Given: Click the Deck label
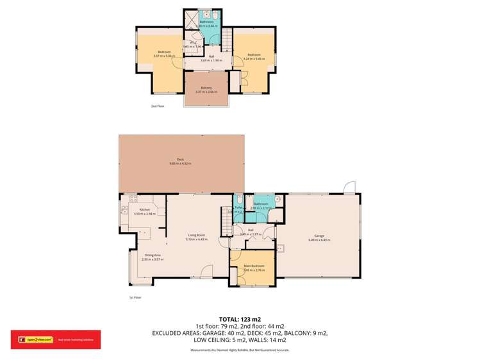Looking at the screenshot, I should (x=181, y=161).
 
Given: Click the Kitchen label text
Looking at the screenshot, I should (x=144, y=211).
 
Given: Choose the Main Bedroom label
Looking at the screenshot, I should (x=252, y=266).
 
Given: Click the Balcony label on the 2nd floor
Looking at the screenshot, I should (x=206, y=89).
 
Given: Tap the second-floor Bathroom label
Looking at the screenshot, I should (x=206, y=23).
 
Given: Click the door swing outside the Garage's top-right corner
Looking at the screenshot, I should (x=349, y=187).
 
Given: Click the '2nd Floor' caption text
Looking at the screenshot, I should (x=157, y=106).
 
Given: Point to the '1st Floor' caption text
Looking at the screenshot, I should (x=135, y=298).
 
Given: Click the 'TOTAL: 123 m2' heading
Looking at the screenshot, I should (x=240, y=319).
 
